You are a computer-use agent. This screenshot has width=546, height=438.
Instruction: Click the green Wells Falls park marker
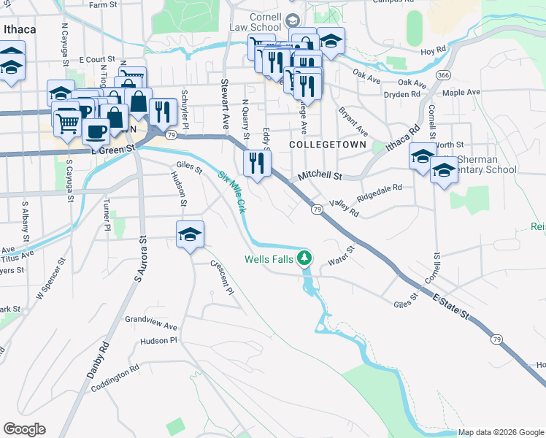click(x=306, y=258)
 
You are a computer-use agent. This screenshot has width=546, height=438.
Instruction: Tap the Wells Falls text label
click(x=269, y=259)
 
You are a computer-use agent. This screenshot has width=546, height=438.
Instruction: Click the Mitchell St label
click(x=320, y=176)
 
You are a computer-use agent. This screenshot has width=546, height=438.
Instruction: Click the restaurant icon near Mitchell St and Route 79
click(x=256, y=162)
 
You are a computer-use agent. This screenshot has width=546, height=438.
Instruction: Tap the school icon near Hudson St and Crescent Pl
click(x=190, y=234)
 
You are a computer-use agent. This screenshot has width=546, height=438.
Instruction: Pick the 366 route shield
click(x=442, y=75)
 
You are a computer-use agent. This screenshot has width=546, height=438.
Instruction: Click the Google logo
click(x=24, y=429)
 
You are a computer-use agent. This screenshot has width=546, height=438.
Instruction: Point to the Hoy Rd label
click(x=433, y=51)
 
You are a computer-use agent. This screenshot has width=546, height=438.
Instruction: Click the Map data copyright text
click(x=501, y=432)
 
